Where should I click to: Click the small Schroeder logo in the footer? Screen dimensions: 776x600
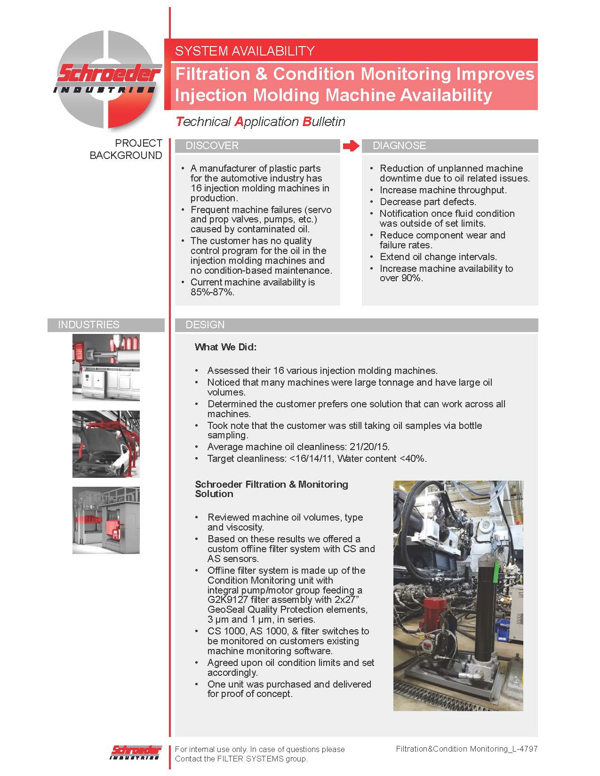point(136,752)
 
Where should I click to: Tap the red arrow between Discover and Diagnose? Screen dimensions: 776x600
point(351,146)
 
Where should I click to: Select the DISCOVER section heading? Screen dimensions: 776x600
point(212,146)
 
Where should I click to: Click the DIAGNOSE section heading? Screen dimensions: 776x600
point(399,146)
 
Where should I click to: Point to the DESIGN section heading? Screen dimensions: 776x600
point(205,325)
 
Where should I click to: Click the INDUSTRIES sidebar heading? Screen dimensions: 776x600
point(88,325)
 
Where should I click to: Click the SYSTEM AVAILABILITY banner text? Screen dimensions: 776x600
point(245,51)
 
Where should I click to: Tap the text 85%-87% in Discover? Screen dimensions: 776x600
point(212,292)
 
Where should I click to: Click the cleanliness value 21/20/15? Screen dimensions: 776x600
point(369,447)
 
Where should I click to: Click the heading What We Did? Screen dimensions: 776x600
point(225,347)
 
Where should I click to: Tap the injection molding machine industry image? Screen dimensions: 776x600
point(106,367)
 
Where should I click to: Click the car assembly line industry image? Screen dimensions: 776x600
point(106,444)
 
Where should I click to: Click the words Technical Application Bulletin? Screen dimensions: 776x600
point(260,122)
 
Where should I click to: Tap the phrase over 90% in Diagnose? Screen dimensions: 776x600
point(401,278)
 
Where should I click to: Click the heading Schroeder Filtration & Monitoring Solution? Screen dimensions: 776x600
point(272,489)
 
